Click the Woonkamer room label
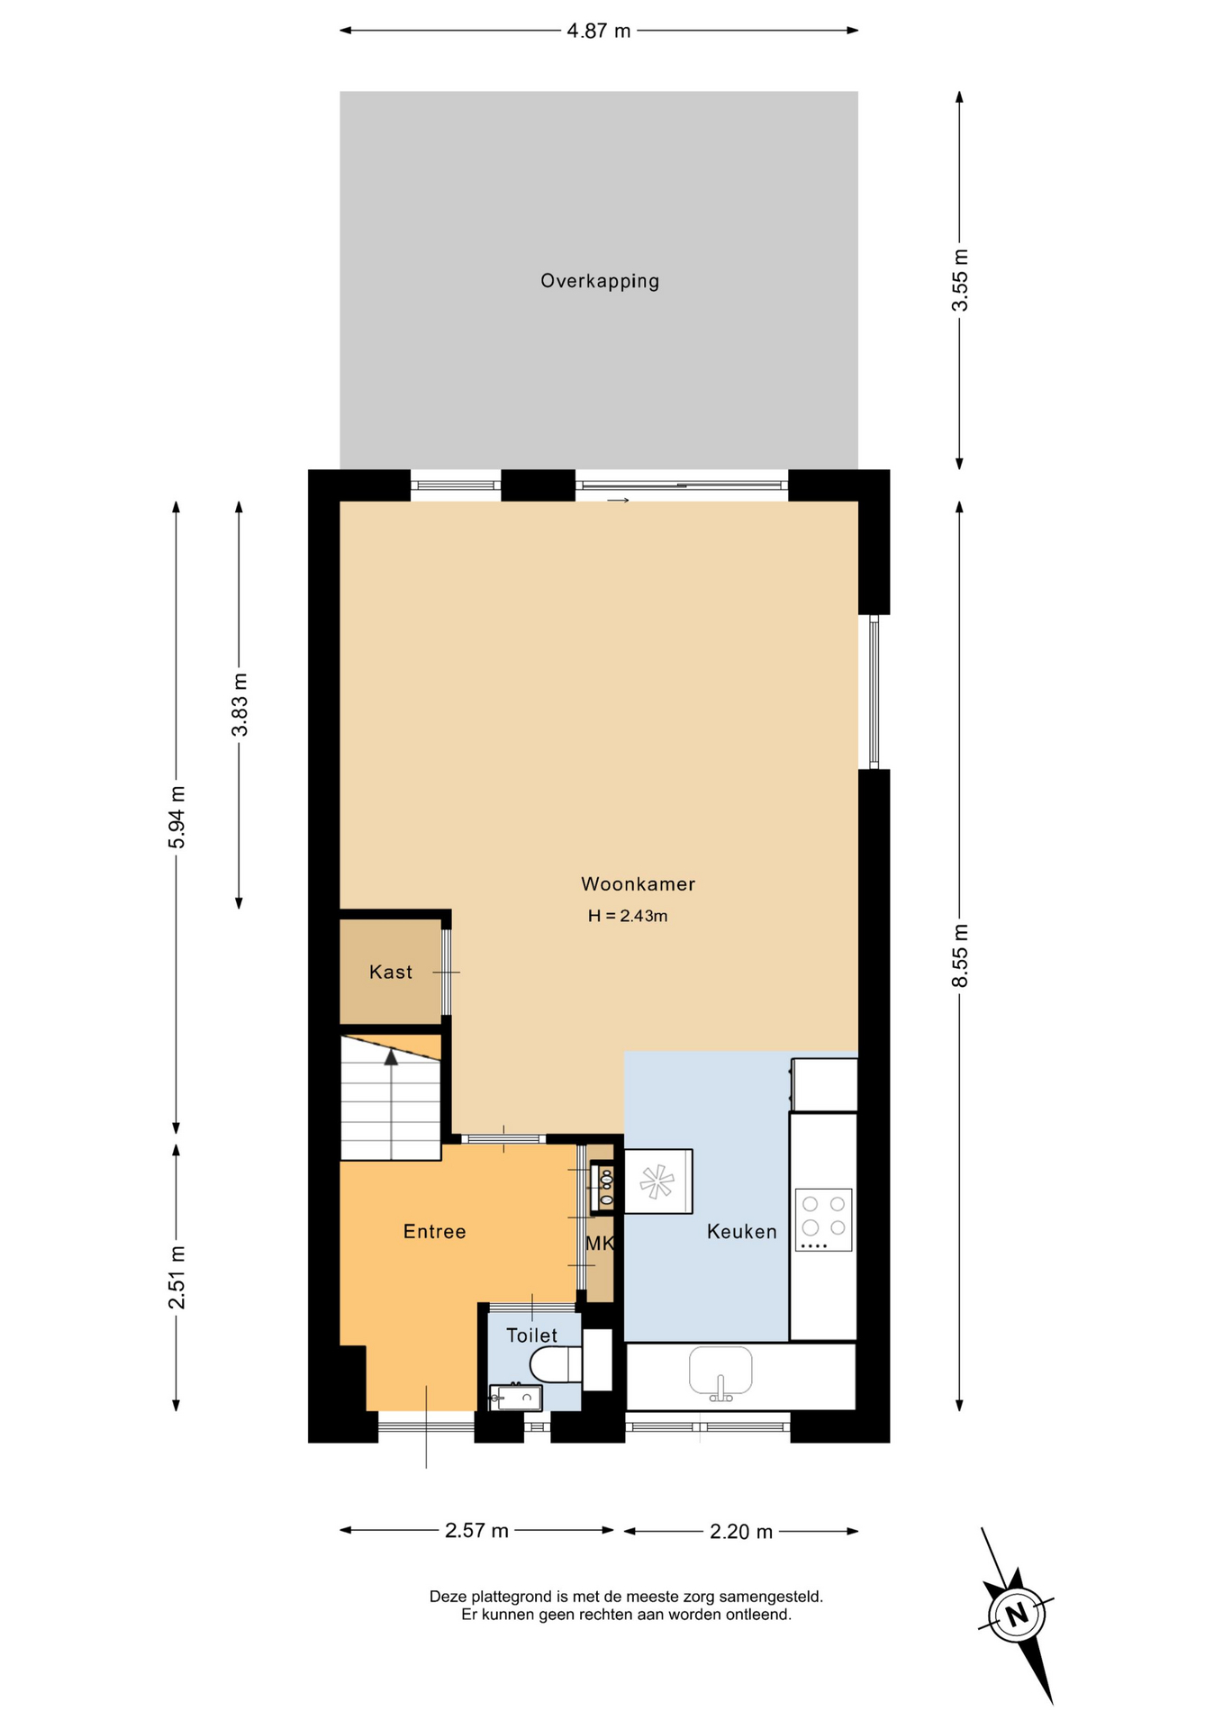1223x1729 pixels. point(638,884)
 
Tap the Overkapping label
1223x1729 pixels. point(600,281)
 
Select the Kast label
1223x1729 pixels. point(391,972)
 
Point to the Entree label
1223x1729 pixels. point(434,1231)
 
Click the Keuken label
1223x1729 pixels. point(741,1231)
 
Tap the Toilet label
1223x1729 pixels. point(531,1335)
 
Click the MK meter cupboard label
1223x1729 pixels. point(600,1244)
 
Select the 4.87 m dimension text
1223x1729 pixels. point(599,31)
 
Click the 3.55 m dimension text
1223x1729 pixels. point(960,280)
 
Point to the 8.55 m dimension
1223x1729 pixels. point(960,955)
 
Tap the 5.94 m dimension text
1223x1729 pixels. point(177,817)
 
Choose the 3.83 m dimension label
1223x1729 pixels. point(240,704)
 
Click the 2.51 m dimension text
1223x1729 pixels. point(177,1278)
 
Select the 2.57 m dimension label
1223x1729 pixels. point(476,1530)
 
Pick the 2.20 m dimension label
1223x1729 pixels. point(741,1531)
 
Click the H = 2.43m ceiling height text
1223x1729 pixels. point(628,916)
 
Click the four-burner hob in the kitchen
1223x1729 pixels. point(823,1219)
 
